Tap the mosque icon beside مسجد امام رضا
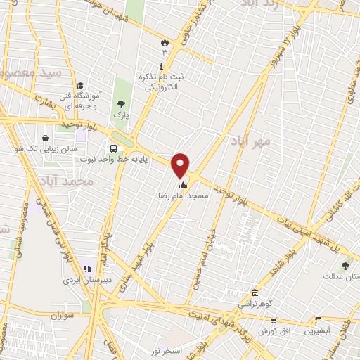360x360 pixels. point(184,186)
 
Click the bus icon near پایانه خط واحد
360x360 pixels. point(113,148)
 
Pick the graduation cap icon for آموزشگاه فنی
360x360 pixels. point(81,84)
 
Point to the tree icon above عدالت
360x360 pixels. point(345,266)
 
